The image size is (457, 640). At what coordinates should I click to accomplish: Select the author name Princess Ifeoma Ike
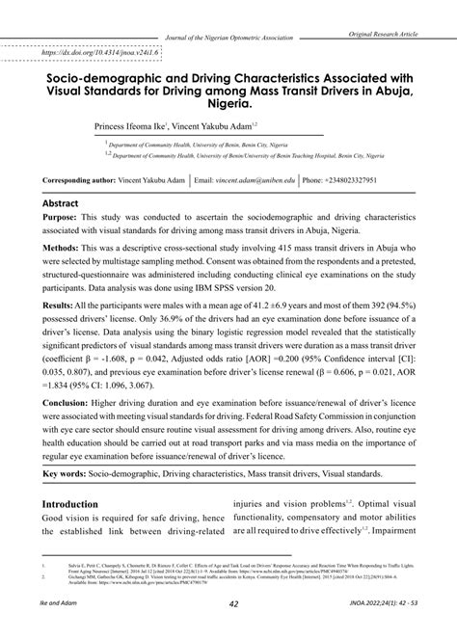click(x=129, y=126)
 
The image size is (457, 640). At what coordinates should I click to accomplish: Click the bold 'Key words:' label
click(x=70, y=475)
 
